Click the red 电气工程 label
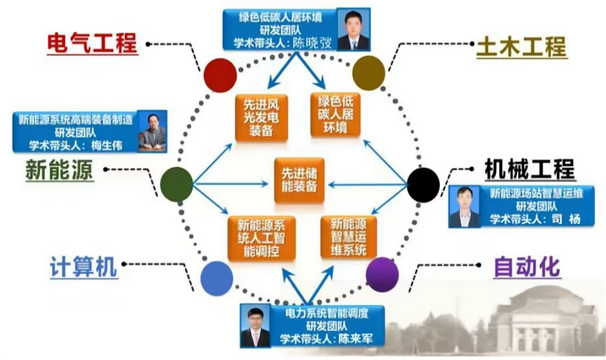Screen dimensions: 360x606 (x=92, y=42)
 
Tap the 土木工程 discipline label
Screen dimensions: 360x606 (x=521, y=46)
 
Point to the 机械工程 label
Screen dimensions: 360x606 (x=529, y=169)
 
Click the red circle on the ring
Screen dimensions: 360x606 (x=220, y=75)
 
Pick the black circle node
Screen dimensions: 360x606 (x=422, y=183)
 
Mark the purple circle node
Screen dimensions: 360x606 (x=382, y=274)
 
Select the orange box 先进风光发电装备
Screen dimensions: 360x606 (x=257, y=117)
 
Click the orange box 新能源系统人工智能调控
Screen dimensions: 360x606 (x=260, y=238)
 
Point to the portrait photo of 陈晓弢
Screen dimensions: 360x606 (x=354, y=29)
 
